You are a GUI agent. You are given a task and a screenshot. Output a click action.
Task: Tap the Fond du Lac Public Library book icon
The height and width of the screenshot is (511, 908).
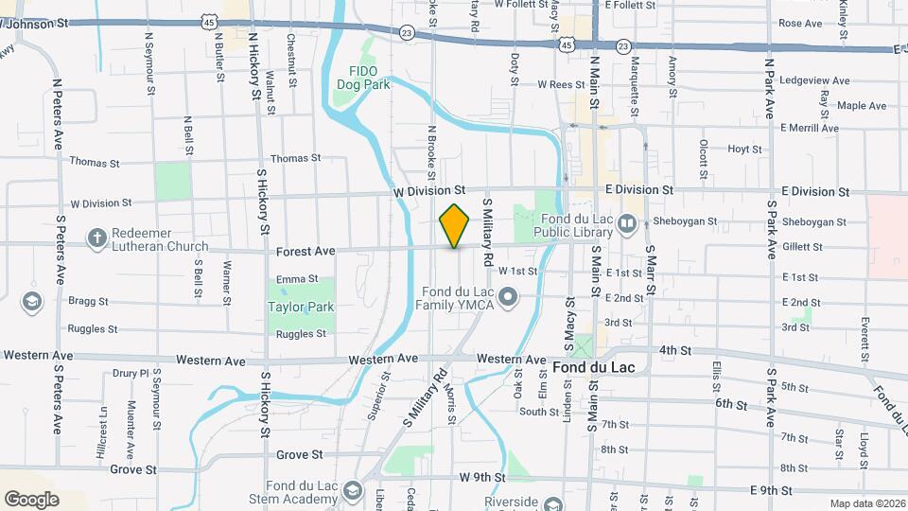pyautogui.click(x=627, y=224)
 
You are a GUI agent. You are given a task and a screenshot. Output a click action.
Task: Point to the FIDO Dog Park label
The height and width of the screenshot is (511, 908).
pyautogui.click(x=363, y=78)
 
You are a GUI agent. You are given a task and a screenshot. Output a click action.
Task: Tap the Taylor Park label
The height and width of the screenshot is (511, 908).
pyautogui.click(x=301, y=308)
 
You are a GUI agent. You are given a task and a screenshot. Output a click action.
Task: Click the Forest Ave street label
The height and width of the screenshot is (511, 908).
pyautogui.click(x=306, y=252)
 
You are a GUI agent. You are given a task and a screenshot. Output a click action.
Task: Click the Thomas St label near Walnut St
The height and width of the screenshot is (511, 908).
pyautogui.click(x=296, y=159)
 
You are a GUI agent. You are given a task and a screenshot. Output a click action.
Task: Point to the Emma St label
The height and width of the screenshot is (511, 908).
pyautogui.click(x=296, y=279)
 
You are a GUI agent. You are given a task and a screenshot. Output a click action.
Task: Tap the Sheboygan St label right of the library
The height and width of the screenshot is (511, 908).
pyautogui.click(x=686, y=222)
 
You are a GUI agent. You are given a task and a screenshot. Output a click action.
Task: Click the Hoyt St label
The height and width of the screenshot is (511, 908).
pyautogui.click(x=744, y=149)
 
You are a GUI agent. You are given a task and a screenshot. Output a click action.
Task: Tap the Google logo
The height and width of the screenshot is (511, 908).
pyautogui.click(x=31, y=499)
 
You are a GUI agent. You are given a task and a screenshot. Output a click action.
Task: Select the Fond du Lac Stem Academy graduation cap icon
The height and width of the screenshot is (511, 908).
pyautogui.click(x=353, y=490)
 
